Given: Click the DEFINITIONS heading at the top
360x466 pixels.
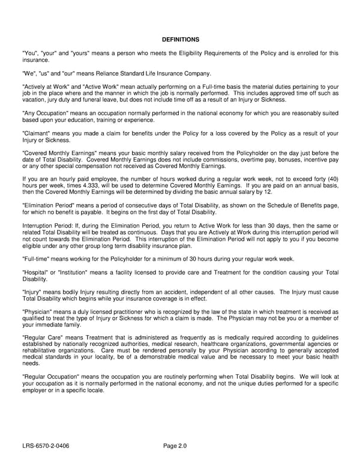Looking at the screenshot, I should (x=181, y=39).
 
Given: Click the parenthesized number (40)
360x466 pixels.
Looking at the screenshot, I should (x=331, y=178).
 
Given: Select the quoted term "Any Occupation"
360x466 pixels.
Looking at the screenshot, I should (x=41, y=113).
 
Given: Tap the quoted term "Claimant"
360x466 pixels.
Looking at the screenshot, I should (x=35, y=133).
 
